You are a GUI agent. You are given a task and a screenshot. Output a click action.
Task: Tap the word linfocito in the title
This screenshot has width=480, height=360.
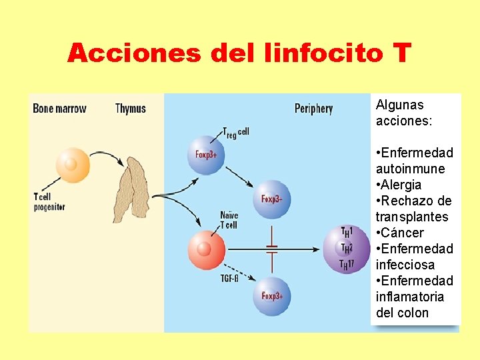pyautogui.click(x=317, y=53)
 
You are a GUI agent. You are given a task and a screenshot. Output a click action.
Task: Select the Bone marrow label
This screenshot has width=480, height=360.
pyautogui.click(x=59, y=109)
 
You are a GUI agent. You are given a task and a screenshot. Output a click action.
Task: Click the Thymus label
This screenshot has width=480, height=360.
pyautogui.click(x=130, y=109)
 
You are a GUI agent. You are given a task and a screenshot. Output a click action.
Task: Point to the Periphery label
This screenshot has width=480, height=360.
pyautogui.click(x=313, y=109)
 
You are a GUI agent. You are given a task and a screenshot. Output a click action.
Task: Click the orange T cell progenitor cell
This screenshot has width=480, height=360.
pyautogui.click(x=72, y=165)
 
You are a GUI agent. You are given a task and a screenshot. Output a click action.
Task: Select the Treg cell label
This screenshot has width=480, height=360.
pyautogui.click(x=235, y=133)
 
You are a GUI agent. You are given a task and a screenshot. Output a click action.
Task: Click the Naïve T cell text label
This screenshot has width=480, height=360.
pyautogui.click(x=229, y=220)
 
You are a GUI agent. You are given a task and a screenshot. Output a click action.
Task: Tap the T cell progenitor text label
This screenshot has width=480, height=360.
pyautogui.click(x=49, y=201)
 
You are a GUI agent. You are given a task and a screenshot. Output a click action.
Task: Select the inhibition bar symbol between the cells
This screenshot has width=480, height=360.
pyautogui.click(x=272, y=249)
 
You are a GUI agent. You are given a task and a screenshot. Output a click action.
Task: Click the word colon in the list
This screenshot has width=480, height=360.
pyautogui.click(x=412, y=313)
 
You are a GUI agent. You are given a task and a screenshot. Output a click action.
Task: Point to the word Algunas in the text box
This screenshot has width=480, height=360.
pyautogui.click(x=399, y=105)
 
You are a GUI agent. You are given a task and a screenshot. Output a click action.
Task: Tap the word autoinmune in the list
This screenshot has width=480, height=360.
pyautogui.click(x=410, y=169)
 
